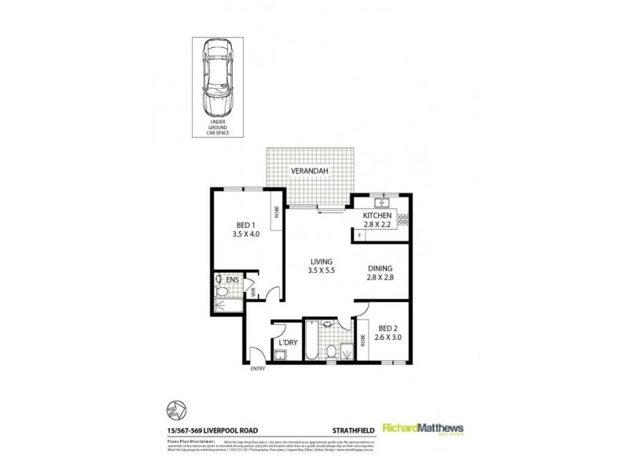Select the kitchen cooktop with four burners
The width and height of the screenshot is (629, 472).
403,219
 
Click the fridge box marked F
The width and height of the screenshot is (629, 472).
359,234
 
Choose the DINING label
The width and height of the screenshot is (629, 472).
381,267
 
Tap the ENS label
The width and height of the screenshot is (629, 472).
232,279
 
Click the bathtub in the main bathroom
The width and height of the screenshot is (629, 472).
311,341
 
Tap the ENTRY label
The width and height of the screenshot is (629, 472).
257,368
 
